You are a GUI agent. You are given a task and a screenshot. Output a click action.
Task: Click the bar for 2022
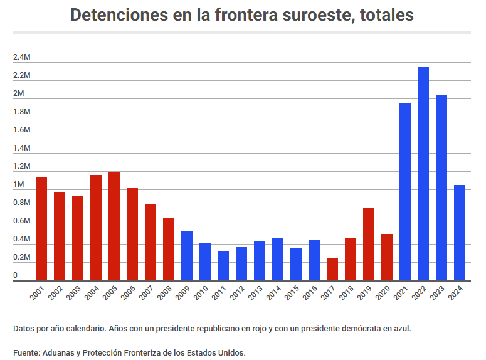(423, 174)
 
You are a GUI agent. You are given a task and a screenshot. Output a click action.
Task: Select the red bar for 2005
(114, 226)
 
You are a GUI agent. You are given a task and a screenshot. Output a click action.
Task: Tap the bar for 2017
(332, 269)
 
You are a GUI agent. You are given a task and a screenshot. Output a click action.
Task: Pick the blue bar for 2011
(223, 265)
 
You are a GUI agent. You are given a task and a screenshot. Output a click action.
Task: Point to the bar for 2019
(369, 244)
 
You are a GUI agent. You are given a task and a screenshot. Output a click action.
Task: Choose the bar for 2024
(460, 233)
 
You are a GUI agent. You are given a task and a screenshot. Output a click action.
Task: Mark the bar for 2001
(41, 229)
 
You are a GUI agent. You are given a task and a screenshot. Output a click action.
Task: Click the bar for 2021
(405, 192)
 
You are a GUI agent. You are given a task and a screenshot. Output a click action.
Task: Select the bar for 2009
(187, 256)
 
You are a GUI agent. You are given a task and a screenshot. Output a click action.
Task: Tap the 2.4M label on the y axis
(21, 58)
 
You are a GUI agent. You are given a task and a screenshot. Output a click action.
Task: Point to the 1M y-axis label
(18, 185)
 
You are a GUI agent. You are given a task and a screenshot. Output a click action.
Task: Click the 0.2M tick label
(21, 258)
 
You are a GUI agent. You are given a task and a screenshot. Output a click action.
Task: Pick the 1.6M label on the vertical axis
(21, 130)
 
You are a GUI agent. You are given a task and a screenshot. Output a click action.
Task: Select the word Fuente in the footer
(26, 352)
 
